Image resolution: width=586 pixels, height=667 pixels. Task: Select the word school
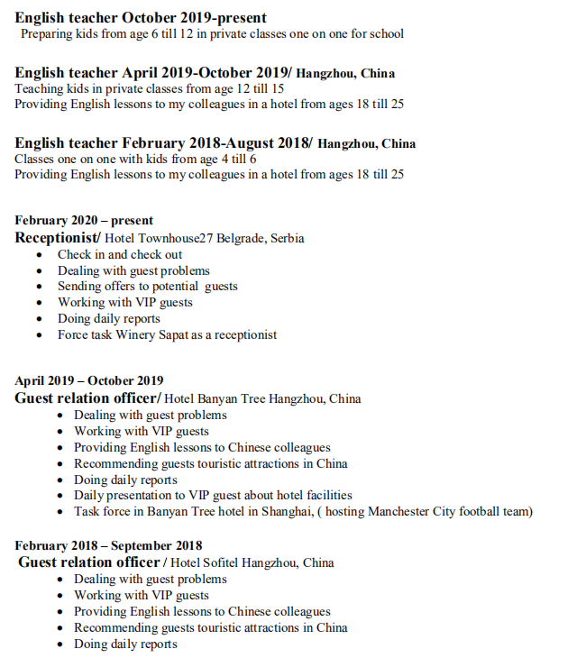pos(385,33)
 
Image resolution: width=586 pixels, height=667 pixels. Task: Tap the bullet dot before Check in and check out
pos(39,255)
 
